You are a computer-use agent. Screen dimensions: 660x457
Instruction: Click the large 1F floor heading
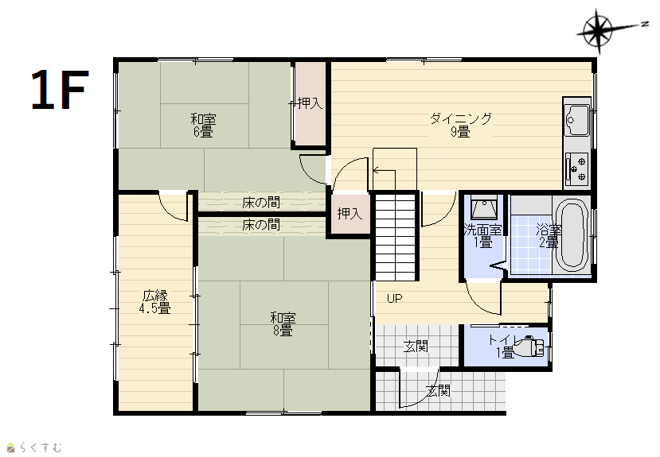point(60,90)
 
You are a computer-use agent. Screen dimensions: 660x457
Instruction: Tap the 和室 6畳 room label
point(203,125)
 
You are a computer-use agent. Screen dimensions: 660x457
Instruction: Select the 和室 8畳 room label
point(283,323)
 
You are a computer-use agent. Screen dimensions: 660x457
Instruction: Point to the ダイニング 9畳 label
point(460,125)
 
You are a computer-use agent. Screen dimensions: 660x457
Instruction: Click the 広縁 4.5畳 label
point(155,302)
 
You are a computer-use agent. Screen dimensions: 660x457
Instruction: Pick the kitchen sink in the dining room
point(576,120)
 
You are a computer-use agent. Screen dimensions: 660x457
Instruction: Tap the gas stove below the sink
point(576,168)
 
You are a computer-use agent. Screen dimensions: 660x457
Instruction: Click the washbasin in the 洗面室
point(483,207)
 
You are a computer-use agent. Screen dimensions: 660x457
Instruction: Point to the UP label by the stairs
point(394,299)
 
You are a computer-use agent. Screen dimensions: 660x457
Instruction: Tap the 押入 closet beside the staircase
point(350,214)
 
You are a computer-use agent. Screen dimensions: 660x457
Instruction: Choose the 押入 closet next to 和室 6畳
point(310,103)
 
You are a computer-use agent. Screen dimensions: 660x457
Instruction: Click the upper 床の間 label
point(261,203)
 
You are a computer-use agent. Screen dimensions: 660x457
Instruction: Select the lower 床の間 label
point(261,225)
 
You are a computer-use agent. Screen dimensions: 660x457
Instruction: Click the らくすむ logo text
point(40,447)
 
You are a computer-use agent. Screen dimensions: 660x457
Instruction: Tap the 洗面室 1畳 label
point(483,236)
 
